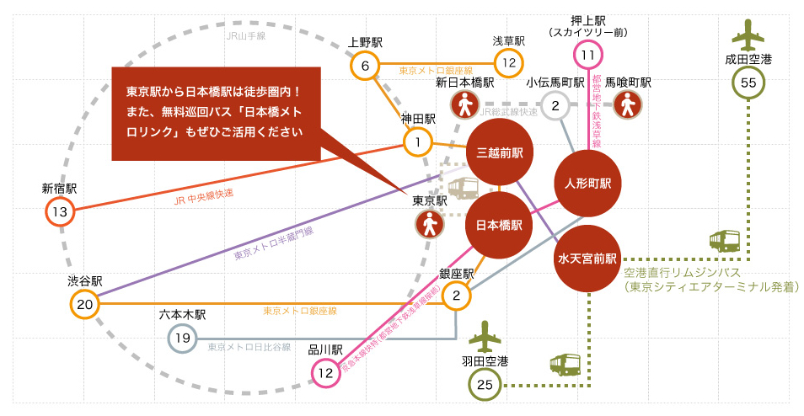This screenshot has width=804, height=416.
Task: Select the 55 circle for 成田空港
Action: [748, 83]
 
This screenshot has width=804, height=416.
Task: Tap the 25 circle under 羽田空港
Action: [484, 385]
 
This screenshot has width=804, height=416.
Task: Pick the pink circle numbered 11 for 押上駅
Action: [588, 56]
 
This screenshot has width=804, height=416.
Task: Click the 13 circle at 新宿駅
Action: [59, 211]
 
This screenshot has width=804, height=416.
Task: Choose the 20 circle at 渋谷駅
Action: [84, 304]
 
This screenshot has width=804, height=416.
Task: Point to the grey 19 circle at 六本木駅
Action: [182, 339]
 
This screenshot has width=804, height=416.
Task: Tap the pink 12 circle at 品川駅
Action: [325, 372]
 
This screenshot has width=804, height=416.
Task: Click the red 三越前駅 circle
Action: [500, 153]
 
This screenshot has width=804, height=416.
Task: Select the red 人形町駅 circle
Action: [587, 183]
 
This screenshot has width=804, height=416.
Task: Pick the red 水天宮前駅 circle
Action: [587, 259]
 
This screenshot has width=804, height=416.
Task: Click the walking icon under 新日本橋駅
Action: [464, 105]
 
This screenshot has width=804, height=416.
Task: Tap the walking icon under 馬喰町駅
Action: [628, 105]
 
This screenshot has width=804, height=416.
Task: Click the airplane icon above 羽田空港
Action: [484, 337]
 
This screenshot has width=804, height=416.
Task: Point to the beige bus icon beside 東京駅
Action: [462, 189]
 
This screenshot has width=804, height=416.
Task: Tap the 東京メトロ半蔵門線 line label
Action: [272, 243]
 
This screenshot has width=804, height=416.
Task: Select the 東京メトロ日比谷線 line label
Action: [249, 347]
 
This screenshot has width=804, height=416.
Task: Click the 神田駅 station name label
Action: [418, 120]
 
